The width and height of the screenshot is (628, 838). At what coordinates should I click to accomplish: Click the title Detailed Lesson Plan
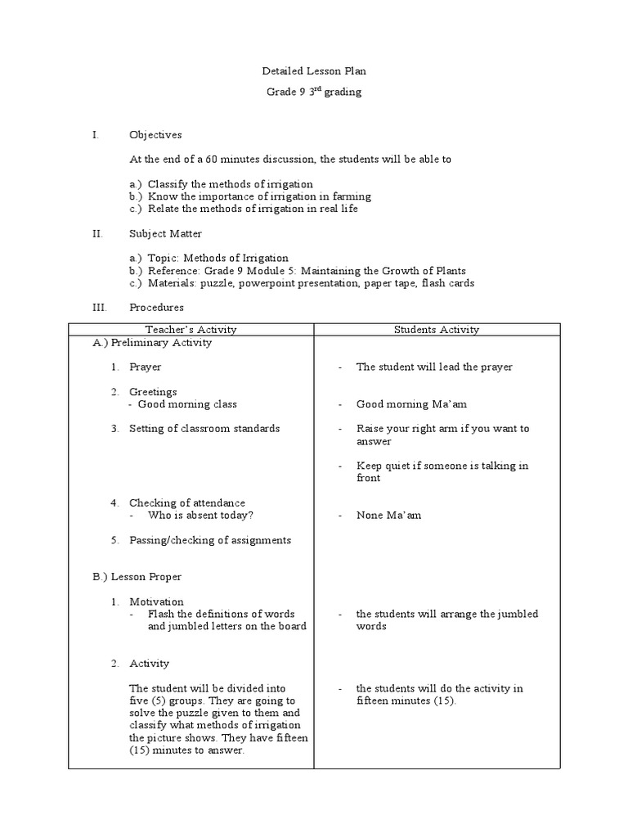click(x=314, y=72)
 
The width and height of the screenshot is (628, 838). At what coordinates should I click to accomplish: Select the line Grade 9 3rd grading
click(x=314, y=92)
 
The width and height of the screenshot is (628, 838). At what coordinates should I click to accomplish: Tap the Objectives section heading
click(x=155, y=135)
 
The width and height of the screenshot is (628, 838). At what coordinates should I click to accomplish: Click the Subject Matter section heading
click(x=165, y=233)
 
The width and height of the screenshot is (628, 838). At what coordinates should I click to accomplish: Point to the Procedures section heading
click(x=156, y=308)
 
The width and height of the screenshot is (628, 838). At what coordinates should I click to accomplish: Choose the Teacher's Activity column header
click(x=191, y=330)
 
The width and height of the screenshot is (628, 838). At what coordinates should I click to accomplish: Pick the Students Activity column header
click(x=437, y=330)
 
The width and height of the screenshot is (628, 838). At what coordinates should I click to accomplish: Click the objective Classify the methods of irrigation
click(x=229, y=184)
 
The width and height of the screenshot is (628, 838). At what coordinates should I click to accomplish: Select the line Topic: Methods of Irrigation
click(x=218, y=258)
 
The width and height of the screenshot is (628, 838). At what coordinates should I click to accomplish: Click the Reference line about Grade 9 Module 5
click(x=307, y=271)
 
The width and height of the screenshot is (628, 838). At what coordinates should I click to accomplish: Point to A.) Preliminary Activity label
click(x=152, y=343)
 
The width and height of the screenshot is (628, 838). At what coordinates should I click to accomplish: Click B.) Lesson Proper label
click(x=137, y=577)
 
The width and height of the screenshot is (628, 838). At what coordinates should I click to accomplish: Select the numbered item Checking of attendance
click(x=186, y=502)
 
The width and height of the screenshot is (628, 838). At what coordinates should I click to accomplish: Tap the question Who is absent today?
click(x=200, y=516)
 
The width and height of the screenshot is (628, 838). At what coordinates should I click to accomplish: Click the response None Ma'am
click(x=388, y=516)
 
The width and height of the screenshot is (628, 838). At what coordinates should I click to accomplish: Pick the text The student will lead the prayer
click(x=434, y=367)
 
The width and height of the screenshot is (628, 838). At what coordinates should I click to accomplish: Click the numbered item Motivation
click(x=156, y=601)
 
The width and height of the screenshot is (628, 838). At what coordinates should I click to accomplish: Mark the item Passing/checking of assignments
click(x=209, y=540)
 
